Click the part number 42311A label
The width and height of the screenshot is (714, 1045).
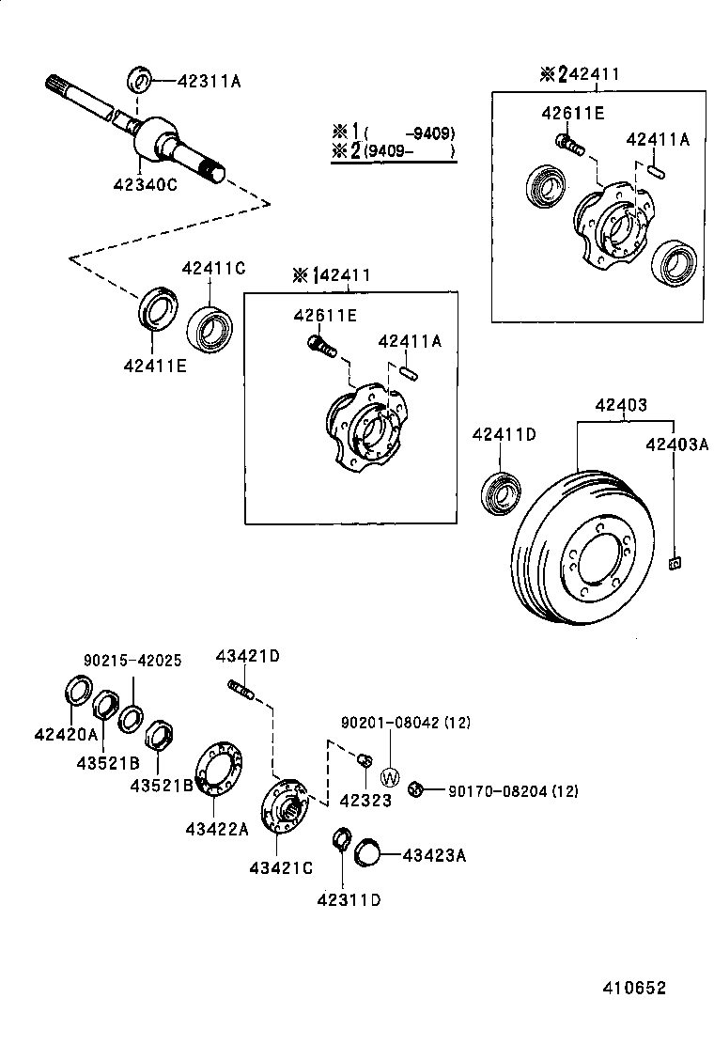pyautogui.click(x=209, y=81)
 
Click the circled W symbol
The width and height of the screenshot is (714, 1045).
pyautogui.click(x=391, y=777)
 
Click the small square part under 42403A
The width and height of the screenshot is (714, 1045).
pyautogui.click(x=674, y=564)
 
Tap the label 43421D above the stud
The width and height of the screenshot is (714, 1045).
pyautogui.click(x=247, y=656)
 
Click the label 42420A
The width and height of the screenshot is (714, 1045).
pyautogui.click(x=66, y=734)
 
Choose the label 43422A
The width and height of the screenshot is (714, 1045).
pyautogui.click(x=217, y=828)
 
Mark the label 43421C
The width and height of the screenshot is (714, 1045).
pyautogui.click(x=281, y=867)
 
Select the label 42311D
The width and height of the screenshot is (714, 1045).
pyautogui.click(x=349, y=898)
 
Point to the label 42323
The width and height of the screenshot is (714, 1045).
pyautogui.click(x=366, y=800)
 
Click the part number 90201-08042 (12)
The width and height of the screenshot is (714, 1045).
pyautogui.click(x=405, y=722)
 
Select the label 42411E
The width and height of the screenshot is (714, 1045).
pyautogui.click(x=154, y=366)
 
